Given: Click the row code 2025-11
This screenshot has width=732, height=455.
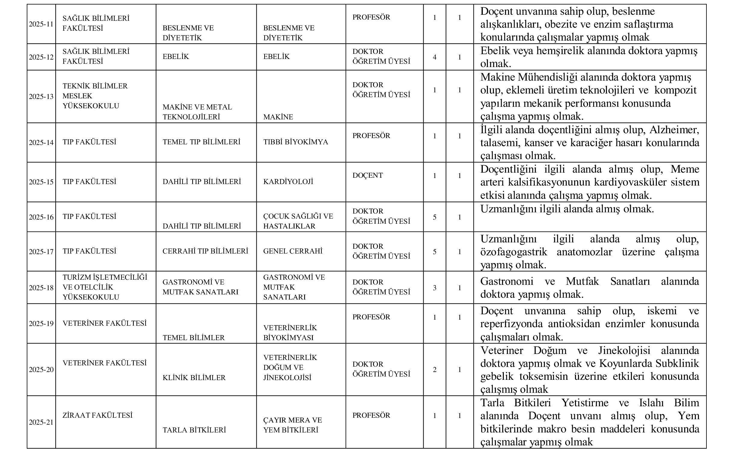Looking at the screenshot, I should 41,24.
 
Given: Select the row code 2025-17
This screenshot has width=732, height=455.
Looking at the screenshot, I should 41,252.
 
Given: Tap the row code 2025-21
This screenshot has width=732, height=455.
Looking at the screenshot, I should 41,422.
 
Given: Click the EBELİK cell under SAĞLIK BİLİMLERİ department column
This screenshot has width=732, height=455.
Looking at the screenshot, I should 176,57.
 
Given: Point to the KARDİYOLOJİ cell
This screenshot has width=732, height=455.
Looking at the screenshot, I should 288,182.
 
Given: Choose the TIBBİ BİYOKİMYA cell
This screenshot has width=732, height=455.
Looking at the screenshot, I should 295,142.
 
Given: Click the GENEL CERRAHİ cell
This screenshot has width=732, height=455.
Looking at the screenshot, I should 292,251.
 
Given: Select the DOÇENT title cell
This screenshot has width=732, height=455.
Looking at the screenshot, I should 368,175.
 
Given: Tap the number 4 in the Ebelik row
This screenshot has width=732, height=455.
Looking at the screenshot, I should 434,57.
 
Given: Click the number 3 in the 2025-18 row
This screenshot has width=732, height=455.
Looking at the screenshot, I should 434,288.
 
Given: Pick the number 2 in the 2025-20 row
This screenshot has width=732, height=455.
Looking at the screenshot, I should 434,370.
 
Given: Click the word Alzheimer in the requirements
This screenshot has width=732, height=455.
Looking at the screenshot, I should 674,130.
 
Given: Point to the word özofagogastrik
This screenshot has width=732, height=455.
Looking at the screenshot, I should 513,252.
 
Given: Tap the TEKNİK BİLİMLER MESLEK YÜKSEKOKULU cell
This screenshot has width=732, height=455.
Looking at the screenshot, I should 95,96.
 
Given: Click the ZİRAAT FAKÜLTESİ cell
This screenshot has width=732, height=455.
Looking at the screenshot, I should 97,415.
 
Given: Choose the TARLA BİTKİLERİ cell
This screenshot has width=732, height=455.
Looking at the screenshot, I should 194,430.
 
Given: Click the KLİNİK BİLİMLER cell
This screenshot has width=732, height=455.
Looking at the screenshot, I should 194,378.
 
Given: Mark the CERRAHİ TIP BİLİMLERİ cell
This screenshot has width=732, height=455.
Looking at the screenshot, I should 205,251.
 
